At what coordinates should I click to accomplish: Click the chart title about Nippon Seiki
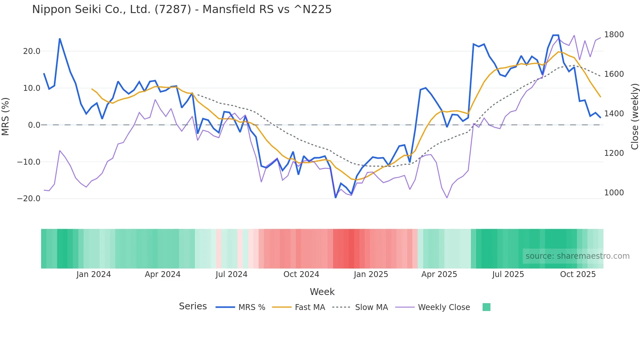click(x=182, y=9)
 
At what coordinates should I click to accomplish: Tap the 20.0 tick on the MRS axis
click(x=32, y=51)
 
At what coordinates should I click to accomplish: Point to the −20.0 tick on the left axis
click(x=29, y=199)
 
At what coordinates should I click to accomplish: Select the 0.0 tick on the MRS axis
click(x=34, y=125)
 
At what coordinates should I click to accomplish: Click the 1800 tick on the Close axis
click(x=614, y=35)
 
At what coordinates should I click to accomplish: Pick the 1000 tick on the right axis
click(x=614, y=193)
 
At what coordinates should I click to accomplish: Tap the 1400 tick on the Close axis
click(x=614, y=114)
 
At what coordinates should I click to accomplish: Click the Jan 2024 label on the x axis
click(x=94, y=274)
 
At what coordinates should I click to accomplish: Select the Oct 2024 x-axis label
click(x=301, y=274)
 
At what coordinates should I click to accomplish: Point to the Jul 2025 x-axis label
click(x=508, y=274)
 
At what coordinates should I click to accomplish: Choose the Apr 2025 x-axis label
click(x=439, y=274)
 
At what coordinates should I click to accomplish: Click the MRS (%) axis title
click(x=6, y=116)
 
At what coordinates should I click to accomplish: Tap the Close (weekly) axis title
click(x=634, y=116)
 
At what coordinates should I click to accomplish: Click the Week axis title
click(x=322, y=292)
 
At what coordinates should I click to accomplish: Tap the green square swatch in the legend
click(x=487, y=307)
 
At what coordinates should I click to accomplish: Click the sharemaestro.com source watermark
click(x=577, y=256)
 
